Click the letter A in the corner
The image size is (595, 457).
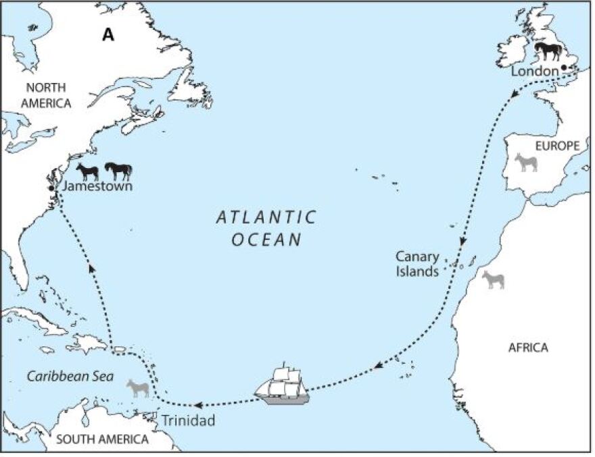click(108, 35)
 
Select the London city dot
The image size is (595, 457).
click(564, 68)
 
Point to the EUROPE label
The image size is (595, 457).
click(557, 146)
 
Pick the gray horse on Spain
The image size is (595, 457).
click(525, 162)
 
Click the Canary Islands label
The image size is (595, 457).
click(418, 264)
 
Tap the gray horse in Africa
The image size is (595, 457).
click(493, 279)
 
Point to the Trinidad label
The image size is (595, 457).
click(187, 421)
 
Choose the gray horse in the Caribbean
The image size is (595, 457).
click(138, 388)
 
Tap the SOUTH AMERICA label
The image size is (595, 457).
click(101, 439)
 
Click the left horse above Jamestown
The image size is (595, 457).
click(88, 171)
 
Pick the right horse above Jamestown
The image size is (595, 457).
click(118, 171)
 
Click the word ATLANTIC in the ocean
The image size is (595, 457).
click(266, 217)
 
